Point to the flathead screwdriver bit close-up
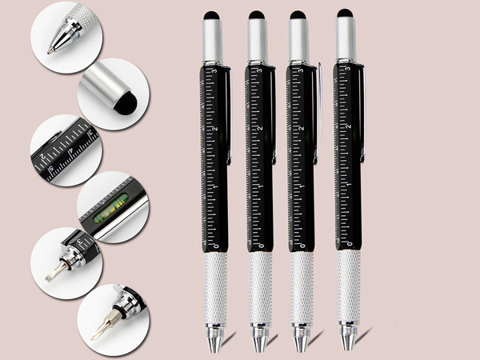tap(52, 273)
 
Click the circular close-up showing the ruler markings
tap(64, 152)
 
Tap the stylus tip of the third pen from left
tap(298, 15)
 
